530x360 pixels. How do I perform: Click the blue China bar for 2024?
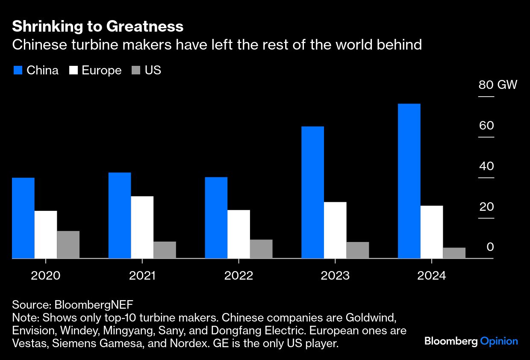click(x=409, y=181)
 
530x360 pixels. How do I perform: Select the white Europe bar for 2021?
click(x=142, y=227)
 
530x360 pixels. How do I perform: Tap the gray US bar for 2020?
click(x=68, y=245)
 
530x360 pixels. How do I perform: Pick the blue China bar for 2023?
click(x=312, y=192)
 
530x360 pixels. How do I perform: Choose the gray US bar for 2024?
click(x=454, y=253)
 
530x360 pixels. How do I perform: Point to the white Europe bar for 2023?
click(x=335, y=230)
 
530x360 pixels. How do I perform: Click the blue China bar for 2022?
click(x=216, y=218)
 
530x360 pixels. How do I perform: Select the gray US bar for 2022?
click(x=261, y=249)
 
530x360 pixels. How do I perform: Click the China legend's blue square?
click(x=18, y=71)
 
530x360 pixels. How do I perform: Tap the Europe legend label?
click(x=102, y=71)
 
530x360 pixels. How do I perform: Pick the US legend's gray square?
click(x=135, y=71)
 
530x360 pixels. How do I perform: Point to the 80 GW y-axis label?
click(x=498, y=85)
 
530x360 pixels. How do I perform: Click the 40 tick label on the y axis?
click(x=486, y=166)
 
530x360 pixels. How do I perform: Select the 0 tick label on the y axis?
click(x=490, y=247)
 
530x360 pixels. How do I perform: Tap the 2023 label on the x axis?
click(x=335, y=275)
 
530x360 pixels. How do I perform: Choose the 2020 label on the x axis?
click(x=45, y=275)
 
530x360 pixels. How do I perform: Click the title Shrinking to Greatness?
click(x=98, y=27)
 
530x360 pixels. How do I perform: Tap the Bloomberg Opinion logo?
click(x=471, y=341)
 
